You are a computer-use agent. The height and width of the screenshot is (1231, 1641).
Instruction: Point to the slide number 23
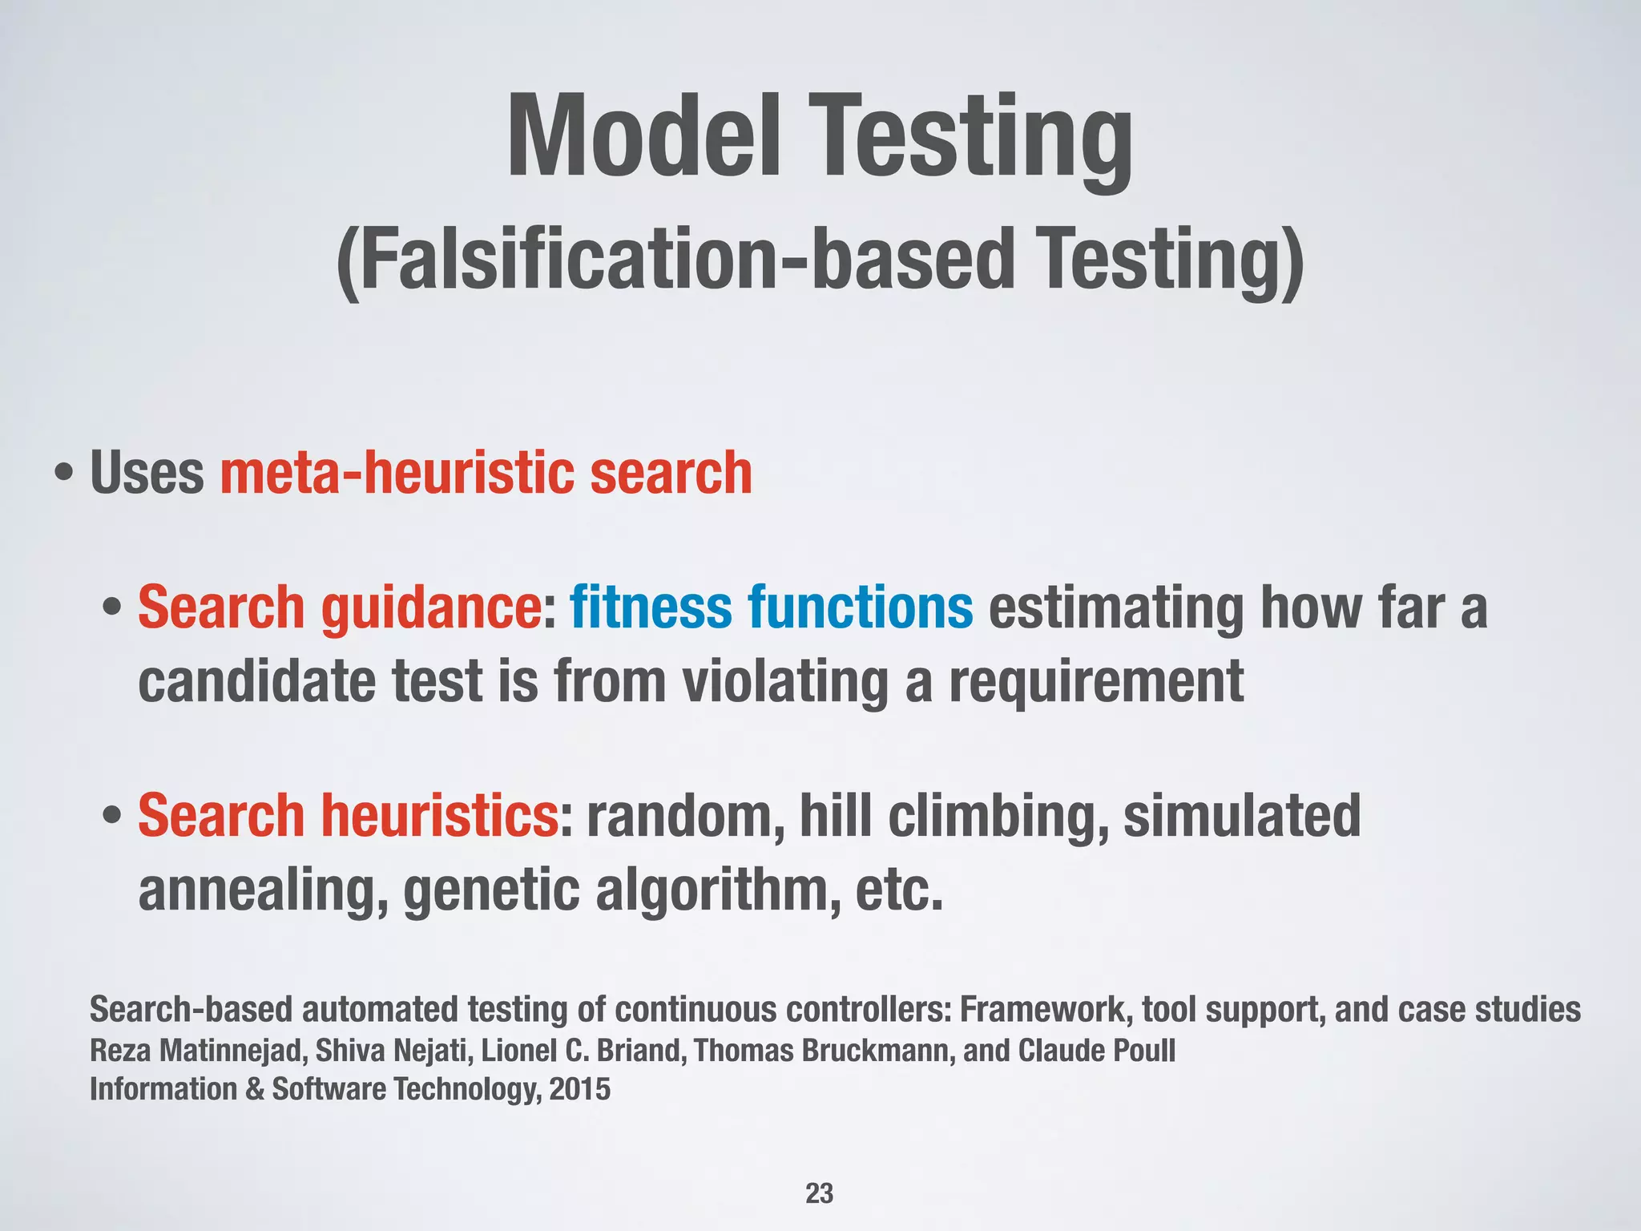pos(819,1193)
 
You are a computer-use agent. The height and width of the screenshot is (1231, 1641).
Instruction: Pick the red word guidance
pos(432,607)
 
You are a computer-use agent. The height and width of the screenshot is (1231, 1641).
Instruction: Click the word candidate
pos(256,681)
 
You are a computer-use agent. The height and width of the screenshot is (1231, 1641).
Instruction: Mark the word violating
pos(785,681)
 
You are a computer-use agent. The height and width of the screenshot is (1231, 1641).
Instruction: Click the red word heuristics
pos(440,816)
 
